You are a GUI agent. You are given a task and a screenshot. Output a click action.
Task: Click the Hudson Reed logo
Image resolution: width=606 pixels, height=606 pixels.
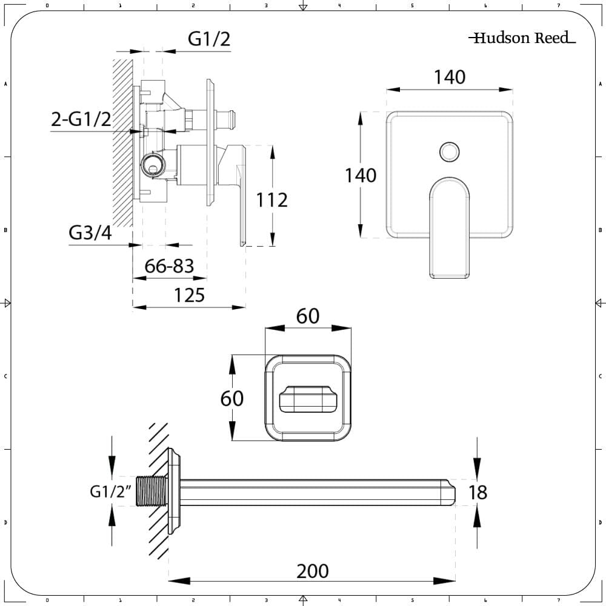pos(522,38)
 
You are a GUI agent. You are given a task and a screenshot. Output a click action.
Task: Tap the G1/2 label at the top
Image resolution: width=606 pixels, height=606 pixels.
pos(209,39)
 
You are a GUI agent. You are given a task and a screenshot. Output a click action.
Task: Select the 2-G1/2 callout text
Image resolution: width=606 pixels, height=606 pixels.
pos(81,119)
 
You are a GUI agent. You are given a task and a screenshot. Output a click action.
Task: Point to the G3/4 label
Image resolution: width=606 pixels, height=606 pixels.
pos(90,233)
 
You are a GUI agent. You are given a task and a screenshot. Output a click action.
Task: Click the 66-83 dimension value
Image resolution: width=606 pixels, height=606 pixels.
pos(169,265)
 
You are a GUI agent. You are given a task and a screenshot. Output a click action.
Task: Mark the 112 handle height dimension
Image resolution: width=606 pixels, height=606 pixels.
pos(271,199)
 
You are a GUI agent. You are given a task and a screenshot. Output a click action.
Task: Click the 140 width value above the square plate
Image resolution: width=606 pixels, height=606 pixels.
pos(449,77)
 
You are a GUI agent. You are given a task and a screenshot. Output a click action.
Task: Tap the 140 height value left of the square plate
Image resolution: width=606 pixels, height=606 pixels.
pos(361,176)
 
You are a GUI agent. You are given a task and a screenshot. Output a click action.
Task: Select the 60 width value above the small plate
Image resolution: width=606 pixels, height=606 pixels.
pos(307,316)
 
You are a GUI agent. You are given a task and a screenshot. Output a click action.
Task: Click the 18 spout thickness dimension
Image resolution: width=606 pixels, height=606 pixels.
pos(478,492)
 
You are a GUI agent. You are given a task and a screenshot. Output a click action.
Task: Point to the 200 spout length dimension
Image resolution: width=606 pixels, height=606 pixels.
pos(312,570)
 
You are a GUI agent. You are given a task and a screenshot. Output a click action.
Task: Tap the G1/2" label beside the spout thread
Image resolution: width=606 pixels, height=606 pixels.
pos(111,491)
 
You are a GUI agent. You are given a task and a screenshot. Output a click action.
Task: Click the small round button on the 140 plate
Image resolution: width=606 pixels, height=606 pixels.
pos(449,151)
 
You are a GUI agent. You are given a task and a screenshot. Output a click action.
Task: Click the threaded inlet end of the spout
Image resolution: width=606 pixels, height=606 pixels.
pos(151,491)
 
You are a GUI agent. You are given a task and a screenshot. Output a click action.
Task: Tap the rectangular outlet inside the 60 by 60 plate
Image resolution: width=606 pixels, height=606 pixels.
pos(307,398)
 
